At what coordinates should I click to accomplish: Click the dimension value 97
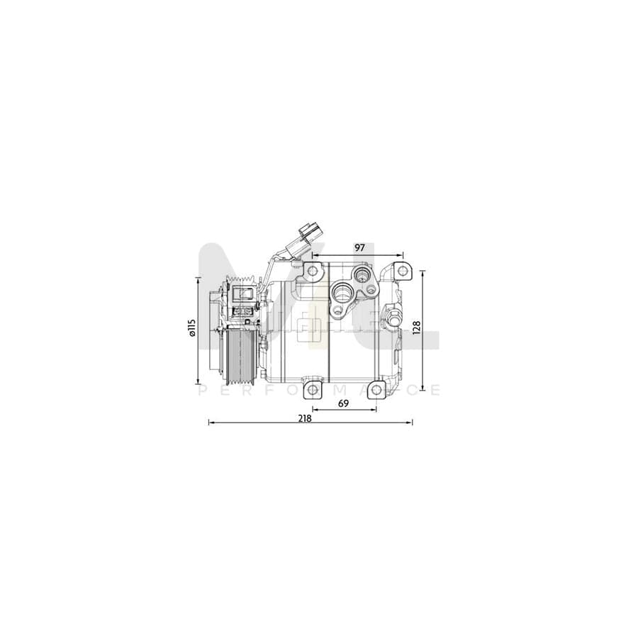click(359, 247)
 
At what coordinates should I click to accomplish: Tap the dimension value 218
click(306, 418)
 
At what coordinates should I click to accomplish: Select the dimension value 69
click(343, 404)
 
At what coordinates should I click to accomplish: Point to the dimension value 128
click(417, 327)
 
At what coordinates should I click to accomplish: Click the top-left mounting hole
click(311, 270)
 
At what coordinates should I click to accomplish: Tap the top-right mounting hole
click(402, 271)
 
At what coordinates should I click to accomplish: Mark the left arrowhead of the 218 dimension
click(209, 423)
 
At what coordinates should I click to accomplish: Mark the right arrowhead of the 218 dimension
click(411, 423)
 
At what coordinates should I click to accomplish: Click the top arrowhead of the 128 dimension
click(423, 272)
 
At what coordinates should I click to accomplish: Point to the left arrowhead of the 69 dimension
click(313, 410)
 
